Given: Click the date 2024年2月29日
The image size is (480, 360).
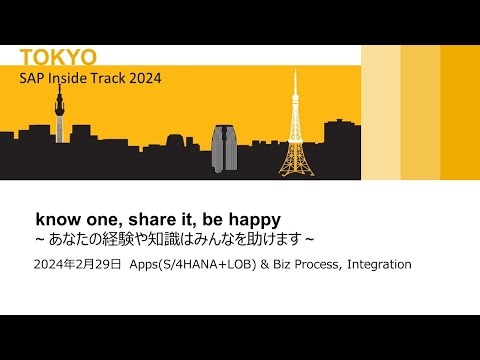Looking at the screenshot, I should tap(77, 265).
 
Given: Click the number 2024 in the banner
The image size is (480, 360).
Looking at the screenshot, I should tap(143, 77).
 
